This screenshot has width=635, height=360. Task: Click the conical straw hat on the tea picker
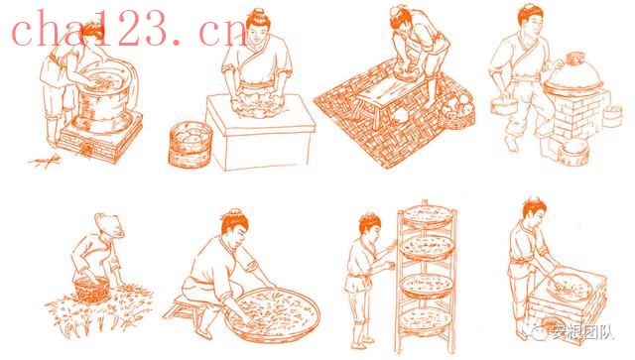109,225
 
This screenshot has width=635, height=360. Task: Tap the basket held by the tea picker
92,290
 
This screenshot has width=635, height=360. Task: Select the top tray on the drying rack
426,216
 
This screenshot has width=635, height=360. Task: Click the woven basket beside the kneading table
190,145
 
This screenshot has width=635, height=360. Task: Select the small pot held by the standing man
504,105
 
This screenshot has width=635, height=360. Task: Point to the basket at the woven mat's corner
456,111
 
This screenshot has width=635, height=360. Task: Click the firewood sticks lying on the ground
45,162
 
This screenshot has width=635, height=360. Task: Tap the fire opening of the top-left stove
85,151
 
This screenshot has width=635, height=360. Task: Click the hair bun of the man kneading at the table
256,13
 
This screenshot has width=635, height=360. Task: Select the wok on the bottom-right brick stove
568,286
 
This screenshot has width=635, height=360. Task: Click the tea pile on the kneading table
256,106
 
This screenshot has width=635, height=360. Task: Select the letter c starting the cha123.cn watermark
24,34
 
